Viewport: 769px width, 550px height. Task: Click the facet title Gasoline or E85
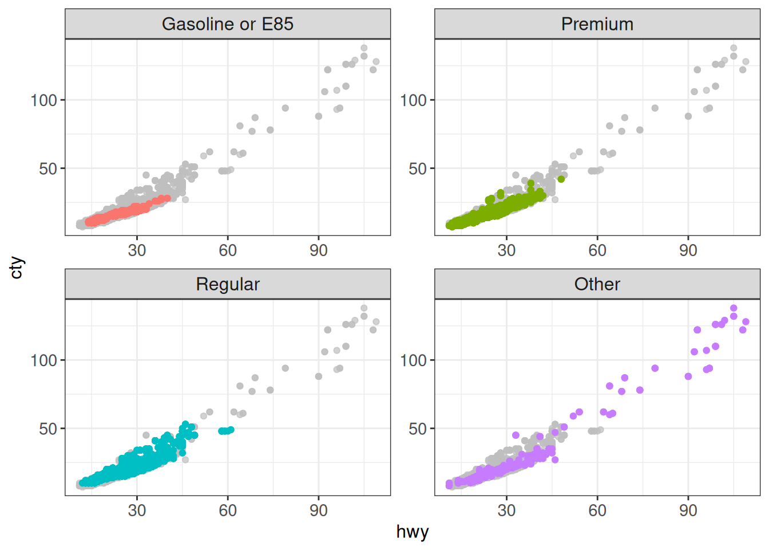pos(228,24)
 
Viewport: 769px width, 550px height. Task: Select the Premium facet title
pos(597,24)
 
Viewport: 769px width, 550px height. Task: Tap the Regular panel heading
pos(228,284)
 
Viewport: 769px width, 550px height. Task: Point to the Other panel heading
pos(597,284)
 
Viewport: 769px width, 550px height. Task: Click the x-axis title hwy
pos(412,532)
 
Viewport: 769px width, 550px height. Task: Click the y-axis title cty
pos(17,267)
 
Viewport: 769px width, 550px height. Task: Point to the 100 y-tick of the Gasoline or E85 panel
pos(44,100)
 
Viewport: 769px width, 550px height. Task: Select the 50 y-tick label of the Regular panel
pos(48,429)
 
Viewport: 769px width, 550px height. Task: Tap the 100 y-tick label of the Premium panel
pos(414,100)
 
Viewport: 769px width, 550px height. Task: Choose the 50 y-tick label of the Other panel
pos(418,429)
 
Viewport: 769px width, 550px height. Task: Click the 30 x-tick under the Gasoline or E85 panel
pos(137,250)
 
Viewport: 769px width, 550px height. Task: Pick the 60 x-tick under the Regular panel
pos(228,510)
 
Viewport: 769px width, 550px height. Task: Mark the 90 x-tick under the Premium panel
pos(688,250)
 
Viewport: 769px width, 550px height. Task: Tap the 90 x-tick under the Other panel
pos(688,510)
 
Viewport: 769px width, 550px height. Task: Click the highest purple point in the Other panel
pos(734,308)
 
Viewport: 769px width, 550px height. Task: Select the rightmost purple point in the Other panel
pos(746,322)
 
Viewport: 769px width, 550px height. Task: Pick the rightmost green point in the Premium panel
pos(561,179)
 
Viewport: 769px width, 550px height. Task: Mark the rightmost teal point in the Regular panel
pos(231,430)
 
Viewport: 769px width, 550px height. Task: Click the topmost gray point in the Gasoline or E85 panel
pos(364,48)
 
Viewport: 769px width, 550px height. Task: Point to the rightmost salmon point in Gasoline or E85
pos(168,198)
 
